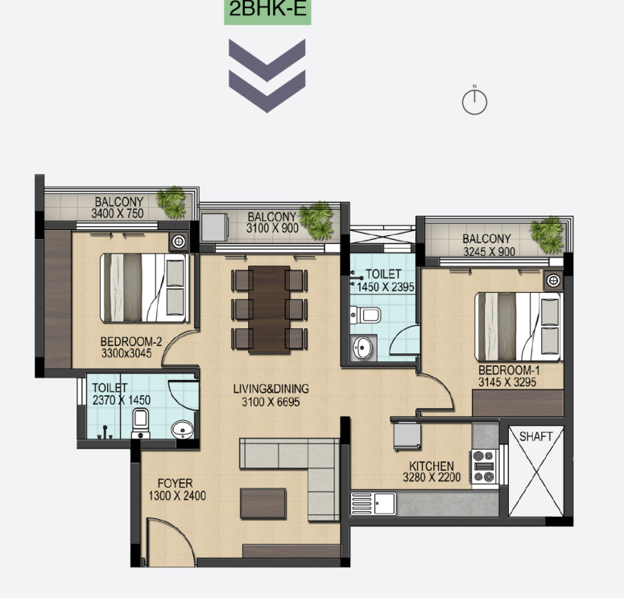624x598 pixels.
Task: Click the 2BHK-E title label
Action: coord(267,11)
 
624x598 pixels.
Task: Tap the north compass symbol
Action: coord(475,101)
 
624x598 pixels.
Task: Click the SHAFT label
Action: coord(535,437)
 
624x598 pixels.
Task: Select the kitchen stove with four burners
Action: coord(483,467)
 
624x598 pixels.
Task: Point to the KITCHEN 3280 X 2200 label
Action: coord(431,472)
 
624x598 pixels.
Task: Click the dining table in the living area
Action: coord(270,309)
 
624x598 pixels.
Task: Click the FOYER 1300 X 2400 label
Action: coord(177,489)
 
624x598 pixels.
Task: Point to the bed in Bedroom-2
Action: coord(143,287)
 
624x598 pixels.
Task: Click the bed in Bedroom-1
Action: coord(518,326)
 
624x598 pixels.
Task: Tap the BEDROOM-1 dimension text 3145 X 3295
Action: coord(507,382)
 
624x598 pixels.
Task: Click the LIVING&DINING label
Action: coord(271,395)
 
